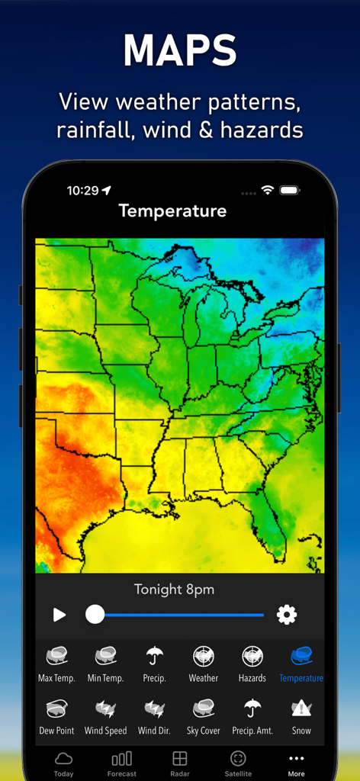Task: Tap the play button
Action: [x=59, y=615]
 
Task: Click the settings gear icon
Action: [x=287, y=615]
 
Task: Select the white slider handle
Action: [x=95, y=615]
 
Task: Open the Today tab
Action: [x=64, y=763]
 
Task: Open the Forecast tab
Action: [x=122, y=763]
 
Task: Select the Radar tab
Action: [x=180, y=763]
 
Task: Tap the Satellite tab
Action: [x=238, y=763]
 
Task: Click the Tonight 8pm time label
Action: [x=174, y=590]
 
